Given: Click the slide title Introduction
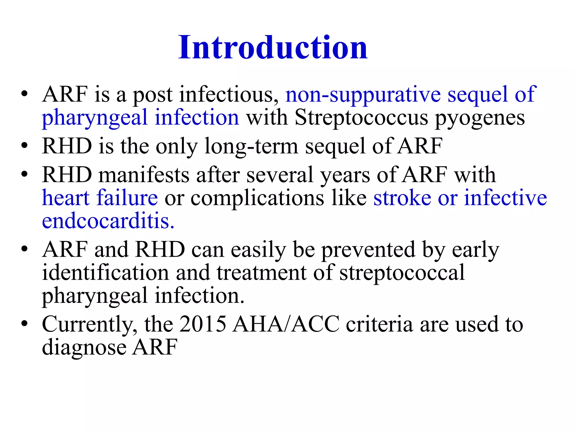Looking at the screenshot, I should click(x=273, y=48).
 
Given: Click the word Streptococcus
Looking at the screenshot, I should click(x=361, y=117).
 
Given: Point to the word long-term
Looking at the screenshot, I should click(x=251, y=146).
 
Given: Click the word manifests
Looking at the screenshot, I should click(x=144, y=175).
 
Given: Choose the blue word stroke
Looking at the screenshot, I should click(x=402, y=198).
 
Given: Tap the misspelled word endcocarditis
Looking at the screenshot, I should click(x=108, y=221).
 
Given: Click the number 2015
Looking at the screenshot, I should click(x=202, y=324).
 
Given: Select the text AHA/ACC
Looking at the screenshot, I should click(x=286, y=324).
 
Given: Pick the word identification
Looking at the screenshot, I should click(x=105, y=273).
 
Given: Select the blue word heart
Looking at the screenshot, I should click(x=65, y=198).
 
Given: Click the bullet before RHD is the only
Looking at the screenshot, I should click(x=24, y=146).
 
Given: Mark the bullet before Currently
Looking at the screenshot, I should click(x=24, y=324).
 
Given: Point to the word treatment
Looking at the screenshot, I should click(x=261, y=273).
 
